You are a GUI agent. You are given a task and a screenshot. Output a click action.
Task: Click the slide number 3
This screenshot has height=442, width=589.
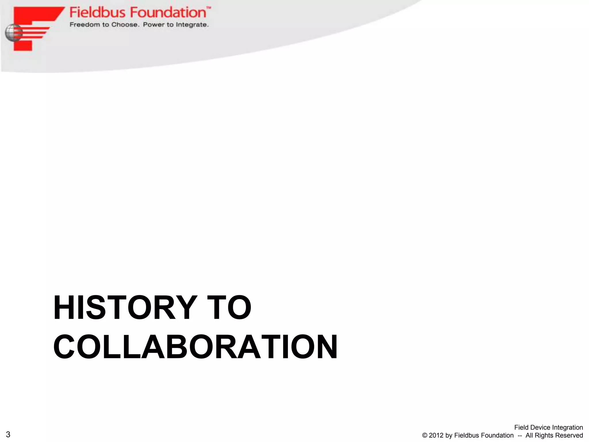pos(8,434)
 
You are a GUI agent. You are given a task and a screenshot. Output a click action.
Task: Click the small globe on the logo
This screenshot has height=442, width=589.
pos(13,33)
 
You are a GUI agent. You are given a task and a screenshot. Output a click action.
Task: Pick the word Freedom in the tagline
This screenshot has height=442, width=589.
pos(85,25)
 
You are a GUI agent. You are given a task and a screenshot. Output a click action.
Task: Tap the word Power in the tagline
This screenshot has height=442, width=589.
pos(154,25)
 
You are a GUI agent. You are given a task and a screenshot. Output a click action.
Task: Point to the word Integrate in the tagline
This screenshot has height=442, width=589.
pos(192,25)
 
